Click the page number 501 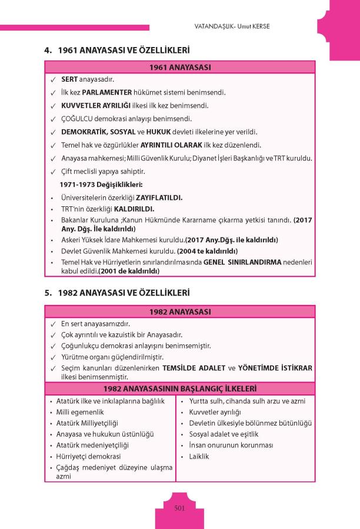coord(180,508)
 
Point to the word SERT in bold coord(70,79)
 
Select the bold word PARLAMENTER coord(107,93)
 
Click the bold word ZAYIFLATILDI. coord(161,197)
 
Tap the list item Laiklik coord(199,456)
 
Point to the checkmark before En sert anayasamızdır coord(53,324)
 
